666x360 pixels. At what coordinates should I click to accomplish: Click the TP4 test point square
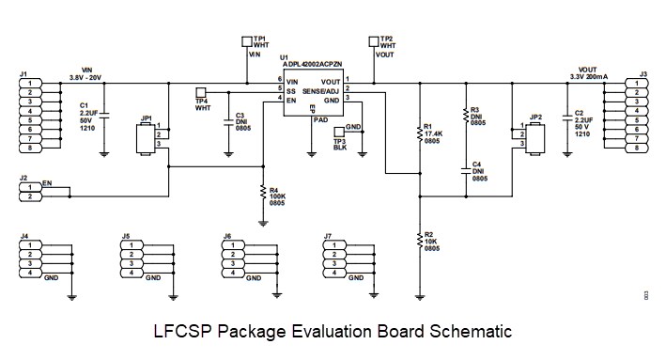[200, 92]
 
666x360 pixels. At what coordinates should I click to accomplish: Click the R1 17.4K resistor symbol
[419, 132]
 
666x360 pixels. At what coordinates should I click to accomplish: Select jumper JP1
[146, 137]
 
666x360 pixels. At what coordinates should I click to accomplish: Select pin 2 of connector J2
[30, 196]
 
